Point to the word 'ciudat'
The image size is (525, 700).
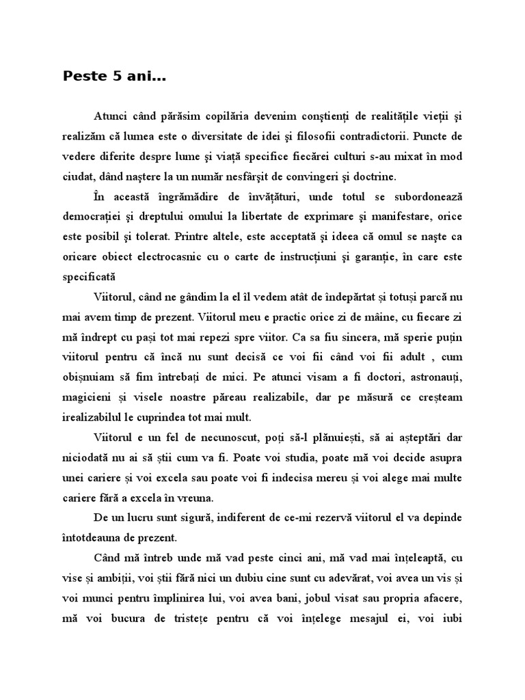(75, 176)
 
